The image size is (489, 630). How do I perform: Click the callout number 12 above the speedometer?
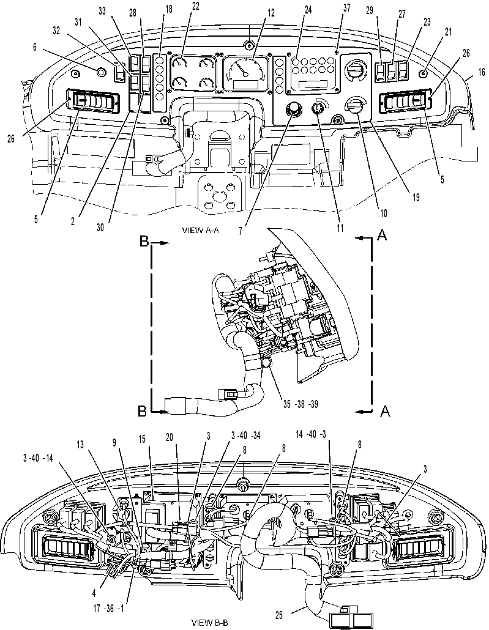click(271, 13)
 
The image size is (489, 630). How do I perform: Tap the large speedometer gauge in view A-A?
click(245, 72)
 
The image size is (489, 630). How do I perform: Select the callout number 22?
click(195, 7)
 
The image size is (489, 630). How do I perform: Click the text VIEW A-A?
click(200, 230)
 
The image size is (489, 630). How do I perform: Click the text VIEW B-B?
click(210, 623)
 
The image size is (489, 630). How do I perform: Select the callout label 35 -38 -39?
click(300, 404)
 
